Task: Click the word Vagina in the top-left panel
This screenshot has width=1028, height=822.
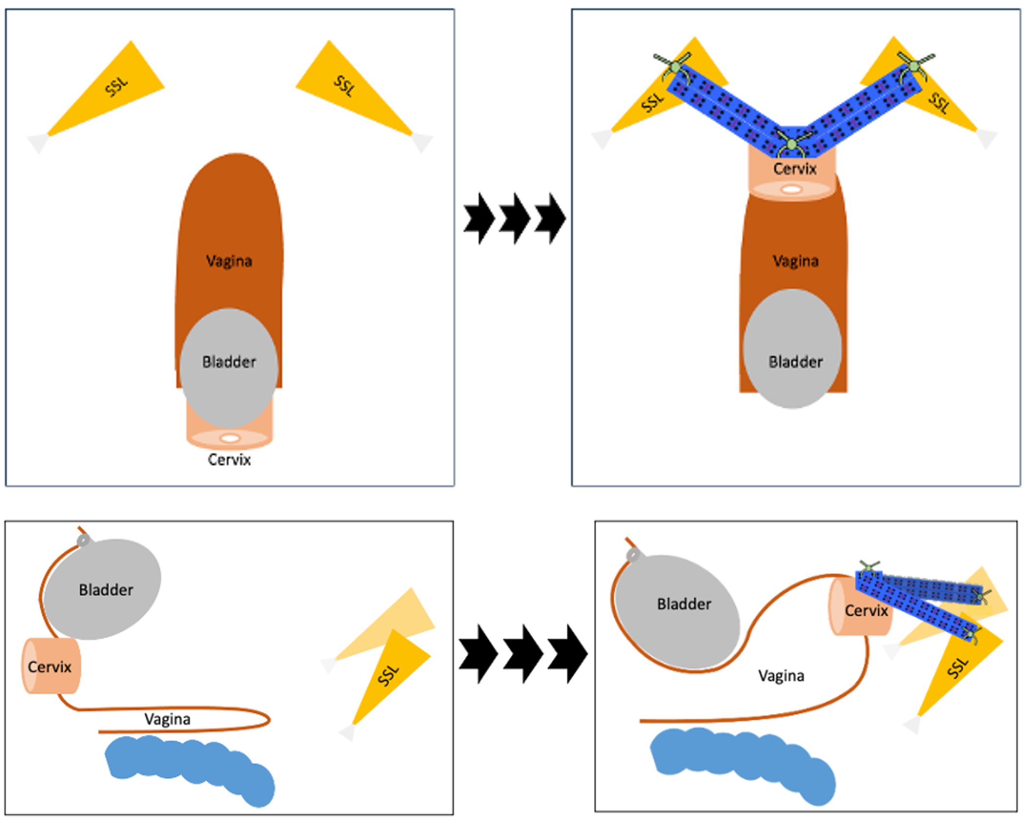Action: pos(229,261)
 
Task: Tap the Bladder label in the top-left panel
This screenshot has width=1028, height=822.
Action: pos(229,362)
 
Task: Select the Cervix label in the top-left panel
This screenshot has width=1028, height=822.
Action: pos(229,460)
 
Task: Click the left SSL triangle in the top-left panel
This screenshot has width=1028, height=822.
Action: pos(105,90)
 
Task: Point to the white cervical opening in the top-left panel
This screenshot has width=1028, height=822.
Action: pos(230,438)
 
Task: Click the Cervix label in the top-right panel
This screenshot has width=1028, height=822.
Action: pos(795,169)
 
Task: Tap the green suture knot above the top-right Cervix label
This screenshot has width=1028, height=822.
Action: pos(792,144)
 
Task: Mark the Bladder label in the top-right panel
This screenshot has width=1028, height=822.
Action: pos(795,362)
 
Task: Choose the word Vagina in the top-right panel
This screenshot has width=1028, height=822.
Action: pos(795,261)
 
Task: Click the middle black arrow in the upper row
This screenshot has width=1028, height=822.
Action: pos(514,218)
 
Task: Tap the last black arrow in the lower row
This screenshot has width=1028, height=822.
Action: pos(567,653)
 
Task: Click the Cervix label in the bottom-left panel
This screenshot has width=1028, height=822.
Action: pos(49,667)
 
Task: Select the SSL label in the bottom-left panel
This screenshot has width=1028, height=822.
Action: pos(388,675)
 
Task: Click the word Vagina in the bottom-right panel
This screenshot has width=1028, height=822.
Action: pos(781,676)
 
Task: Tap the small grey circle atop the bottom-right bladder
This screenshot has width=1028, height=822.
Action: pos(633,555)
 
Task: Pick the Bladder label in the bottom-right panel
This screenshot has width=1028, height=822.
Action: pos(684,604)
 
